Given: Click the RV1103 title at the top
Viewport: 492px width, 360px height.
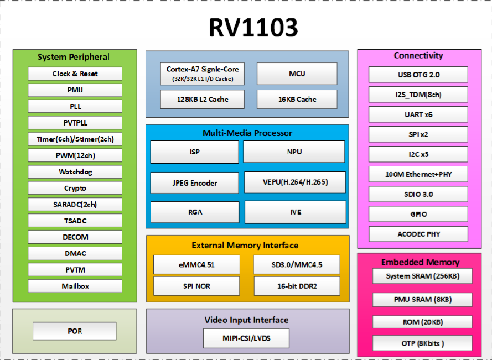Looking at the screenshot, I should (246, 27).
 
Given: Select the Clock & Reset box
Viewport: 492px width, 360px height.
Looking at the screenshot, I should (75, 74).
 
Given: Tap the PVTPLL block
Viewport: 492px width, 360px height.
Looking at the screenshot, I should (75, 123).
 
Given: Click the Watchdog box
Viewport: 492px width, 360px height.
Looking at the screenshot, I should (75, 172).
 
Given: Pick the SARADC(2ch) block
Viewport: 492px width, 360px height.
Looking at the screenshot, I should (75, 205).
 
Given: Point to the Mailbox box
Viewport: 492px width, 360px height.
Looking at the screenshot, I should (75, 286).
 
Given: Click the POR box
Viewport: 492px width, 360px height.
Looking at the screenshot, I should (75, 331).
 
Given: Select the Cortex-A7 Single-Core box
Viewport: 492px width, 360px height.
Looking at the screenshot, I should (203, 74).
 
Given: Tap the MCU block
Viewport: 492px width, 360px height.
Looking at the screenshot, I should (297, 74).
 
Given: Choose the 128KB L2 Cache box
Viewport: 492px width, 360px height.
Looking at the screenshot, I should (203, 100).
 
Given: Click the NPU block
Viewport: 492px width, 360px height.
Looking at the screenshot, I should (294, 152).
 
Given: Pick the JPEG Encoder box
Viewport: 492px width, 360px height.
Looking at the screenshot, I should (194, 183).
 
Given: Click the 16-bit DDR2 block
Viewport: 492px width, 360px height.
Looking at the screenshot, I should (297, 286).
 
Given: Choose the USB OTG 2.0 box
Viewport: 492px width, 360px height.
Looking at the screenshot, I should (418, 75).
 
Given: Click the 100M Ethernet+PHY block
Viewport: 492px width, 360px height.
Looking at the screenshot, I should (418, 174).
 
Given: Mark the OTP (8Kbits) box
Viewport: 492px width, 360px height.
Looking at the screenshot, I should (422, 343).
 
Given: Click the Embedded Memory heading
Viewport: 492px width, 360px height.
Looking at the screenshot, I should (420, 262).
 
